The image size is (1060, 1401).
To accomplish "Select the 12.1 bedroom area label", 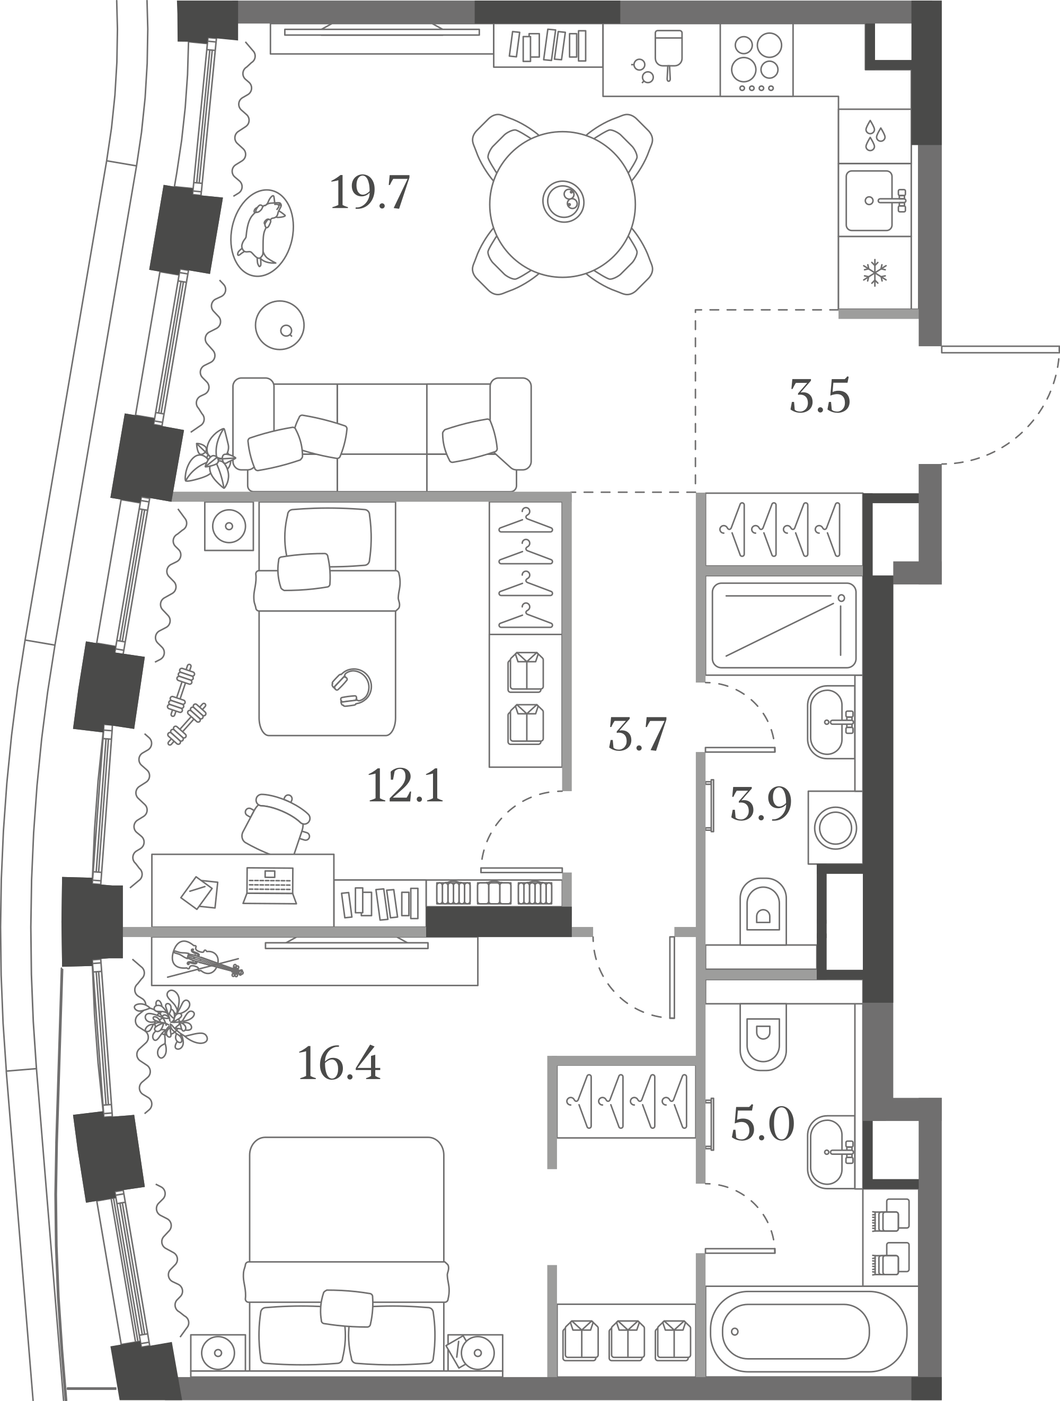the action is (x=405, y=785).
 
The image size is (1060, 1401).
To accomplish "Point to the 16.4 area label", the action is (x=339, y=1063).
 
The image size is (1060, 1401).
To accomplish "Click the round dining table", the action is (x=562, y=204).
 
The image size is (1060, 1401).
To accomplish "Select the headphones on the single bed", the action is (x=352, y=687).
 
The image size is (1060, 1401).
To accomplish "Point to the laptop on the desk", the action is (x=270, y=885).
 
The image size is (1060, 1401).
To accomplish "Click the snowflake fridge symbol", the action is (x=874, y=273).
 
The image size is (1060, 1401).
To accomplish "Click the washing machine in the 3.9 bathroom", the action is (x=835, y=827).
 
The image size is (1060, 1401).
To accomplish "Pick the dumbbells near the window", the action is (x=185, y=704).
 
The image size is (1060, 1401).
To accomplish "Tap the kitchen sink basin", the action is (x=869, y=200).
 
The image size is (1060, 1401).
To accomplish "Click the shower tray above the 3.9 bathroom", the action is (x=784, y=625).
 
